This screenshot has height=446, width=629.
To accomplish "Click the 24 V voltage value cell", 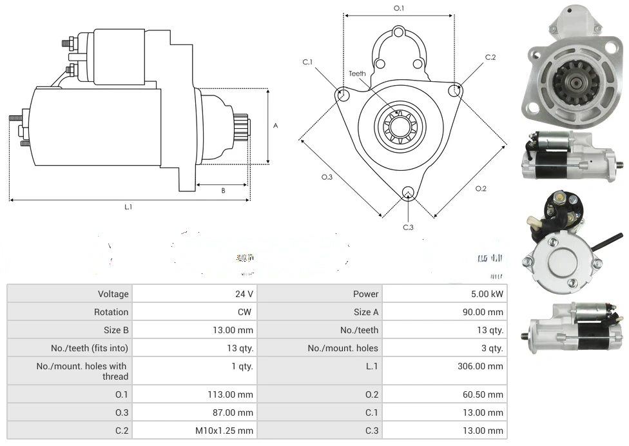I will point(244,294).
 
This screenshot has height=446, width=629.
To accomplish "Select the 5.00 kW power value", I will point(487,294).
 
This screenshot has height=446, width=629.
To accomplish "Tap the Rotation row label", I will point(111,312).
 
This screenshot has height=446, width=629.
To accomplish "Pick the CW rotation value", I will point(246,312).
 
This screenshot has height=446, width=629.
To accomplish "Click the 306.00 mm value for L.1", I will point(479,366).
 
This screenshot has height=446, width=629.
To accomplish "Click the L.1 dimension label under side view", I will point(128,207).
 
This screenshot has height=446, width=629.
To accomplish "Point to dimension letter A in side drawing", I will point(275,126).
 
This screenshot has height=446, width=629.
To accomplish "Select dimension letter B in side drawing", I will point(223,190).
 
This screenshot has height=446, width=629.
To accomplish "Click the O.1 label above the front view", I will point(399,8).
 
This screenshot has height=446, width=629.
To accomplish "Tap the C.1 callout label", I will point(307,62).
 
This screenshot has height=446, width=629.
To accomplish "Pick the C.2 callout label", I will point(490,57).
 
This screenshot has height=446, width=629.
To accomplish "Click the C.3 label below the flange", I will point(408,227).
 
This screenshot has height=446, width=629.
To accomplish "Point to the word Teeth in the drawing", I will point(357,73).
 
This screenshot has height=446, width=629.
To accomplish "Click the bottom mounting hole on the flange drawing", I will point(407,192).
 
